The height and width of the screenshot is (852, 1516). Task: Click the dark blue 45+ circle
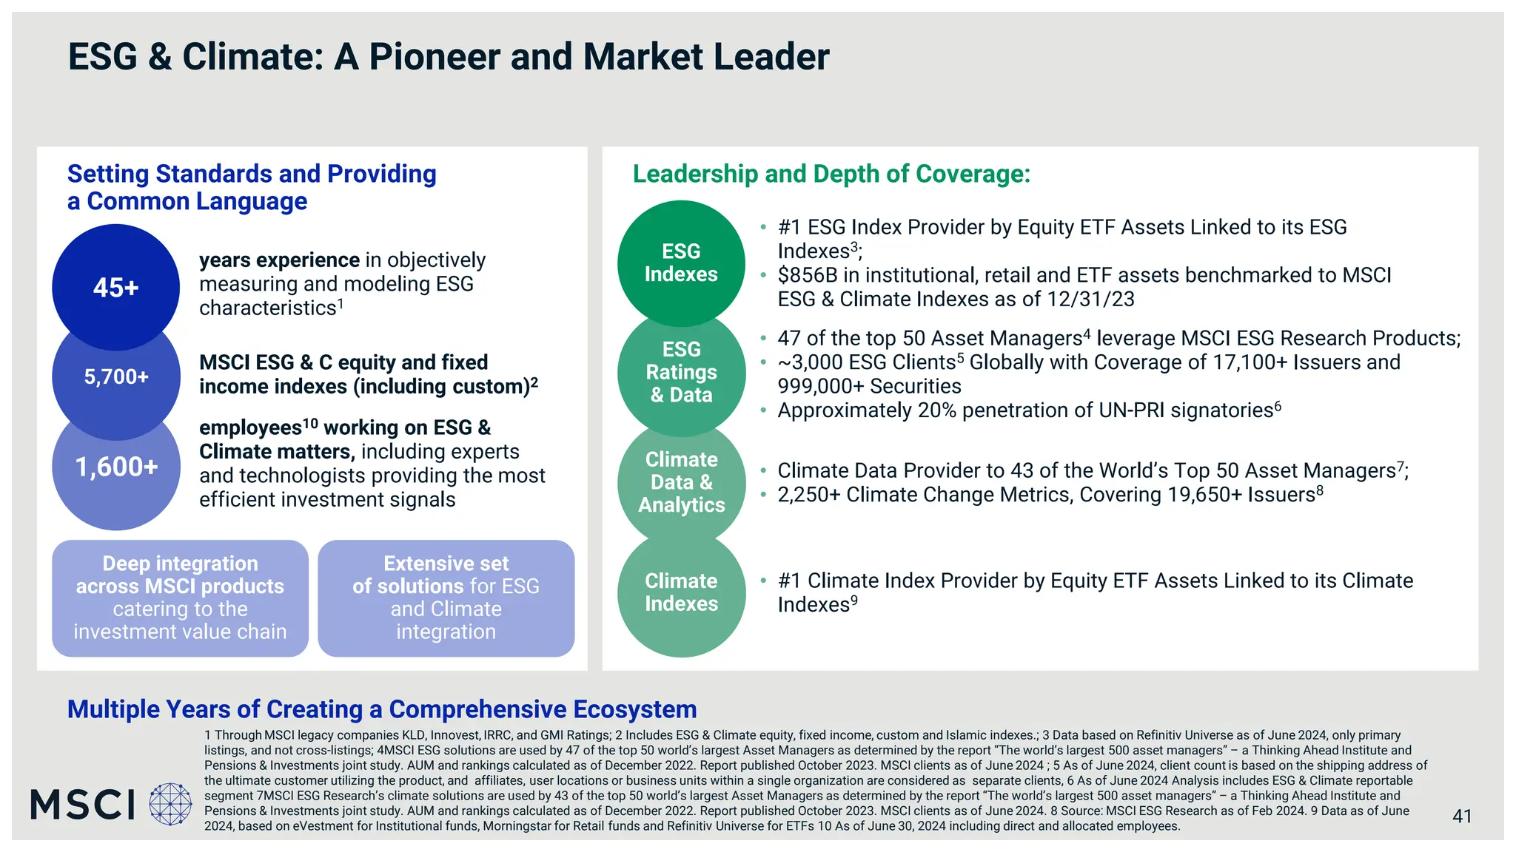116,287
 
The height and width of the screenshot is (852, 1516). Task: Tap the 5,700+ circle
116,377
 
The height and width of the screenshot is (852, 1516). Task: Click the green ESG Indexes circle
681,263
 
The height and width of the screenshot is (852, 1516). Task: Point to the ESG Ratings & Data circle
681,372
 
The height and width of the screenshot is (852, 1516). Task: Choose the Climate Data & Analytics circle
681,482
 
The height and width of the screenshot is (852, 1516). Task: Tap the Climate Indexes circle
681,592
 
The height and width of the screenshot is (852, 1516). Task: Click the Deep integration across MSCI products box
180,598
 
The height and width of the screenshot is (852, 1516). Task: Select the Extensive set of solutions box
446,598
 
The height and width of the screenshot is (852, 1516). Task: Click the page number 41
1461,816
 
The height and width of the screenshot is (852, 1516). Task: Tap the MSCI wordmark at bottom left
83,805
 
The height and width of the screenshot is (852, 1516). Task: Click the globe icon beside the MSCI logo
170,804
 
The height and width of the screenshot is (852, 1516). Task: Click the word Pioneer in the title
434,57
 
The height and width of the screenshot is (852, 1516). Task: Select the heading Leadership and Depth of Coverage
831,174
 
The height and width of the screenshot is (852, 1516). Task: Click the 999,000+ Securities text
869,386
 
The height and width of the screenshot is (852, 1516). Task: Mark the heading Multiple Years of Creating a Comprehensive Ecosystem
382,709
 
